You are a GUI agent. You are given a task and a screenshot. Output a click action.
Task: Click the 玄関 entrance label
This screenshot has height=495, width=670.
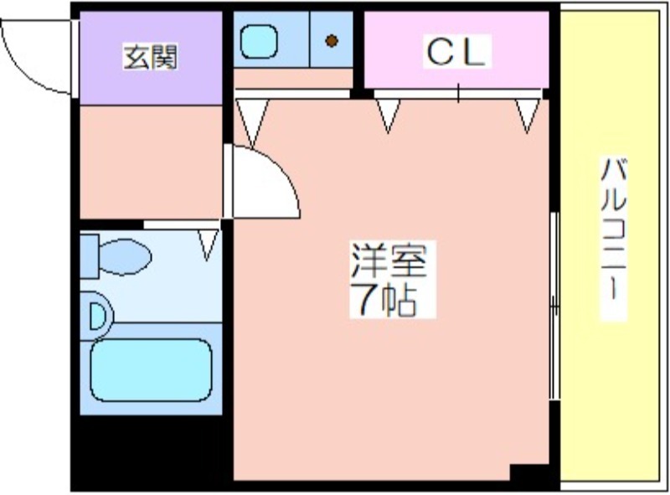point(150,56)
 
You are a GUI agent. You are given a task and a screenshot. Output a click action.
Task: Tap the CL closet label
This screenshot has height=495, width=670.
point(456,52)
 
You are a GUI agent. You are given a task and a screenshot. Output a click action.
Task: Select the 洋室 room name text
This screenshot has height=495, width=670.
point(388,260)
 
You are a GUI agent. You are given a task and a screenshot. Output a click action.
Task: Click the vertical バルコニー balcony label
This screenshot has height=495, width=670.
point(614,239)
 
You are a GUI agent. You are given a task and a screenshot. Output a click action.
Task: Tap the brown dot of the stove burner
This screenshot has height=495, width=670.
point(332,41)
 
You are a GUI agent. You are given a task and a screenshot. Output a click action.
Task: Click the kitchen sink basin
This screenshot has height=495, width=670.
point(259,42)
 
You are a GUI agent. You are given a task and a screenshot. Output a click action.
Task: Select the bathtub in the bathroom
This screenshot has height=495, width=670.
point(151,370)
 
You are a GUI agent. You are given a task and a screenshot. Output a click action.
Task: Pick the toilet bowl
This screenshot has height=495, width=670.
point(125,256)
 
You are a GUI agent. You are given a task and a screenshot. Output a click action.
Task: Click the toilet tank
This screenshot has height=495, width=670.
point(90,256)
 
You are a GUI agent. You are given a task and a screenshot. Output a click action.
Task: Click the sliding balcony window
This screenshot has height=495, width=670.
point(554,306)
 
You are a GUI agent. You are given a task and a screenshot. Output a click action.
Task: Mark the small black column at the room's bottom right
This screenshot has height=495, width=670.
point(529,472)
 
